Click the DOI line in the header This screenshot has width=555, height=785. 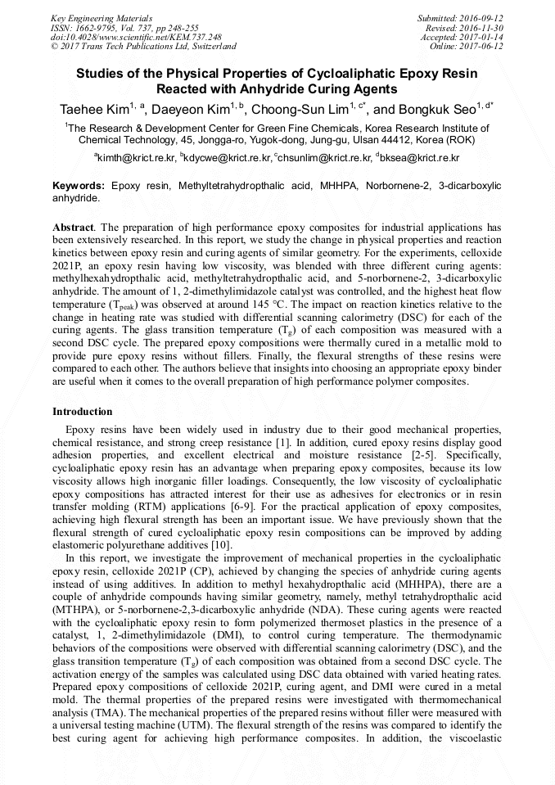click(x=136, y=37)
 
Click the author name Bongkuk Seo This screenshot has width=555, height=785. click(x=435, y=110)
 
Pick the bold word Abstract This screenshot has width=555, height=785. click(x=73, y=226)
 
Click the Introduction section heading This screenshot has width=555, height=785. click(x=83, y=412)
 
